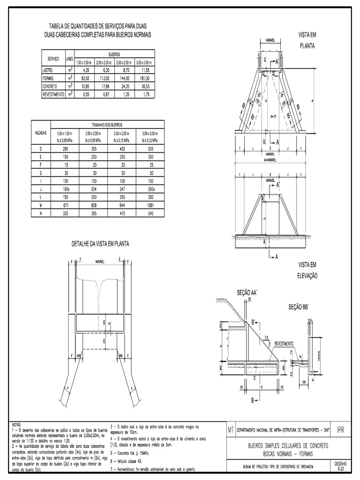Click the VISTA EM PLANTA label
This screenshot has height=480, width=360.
(x=307, y=40)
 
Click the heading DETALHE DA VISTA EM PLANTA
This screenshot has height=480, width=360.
(x=100, y=244)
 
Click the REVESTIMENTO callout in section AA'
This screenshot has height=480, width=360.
(x=284, y=343)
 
